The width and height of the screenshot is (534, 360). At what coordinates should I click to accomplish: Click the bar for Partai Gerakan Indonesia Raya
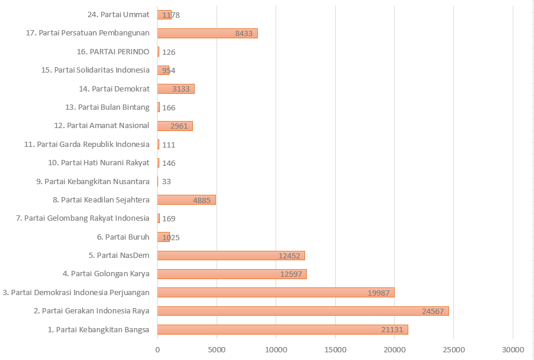tap(303, 311)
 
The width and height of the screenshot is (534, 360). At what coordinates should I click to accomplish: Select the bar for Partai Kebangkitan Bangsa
tap(282, 329)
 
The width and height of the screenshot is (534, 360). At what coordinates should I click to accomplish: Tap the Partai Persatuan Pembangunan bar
tap(207, 33)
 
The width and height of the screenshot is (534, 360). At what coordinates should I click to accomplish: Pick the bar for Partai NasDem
tap(231, 256)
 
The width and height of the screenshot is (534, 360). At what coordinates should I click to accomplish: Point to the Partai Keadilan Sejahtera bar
tap(186, 200)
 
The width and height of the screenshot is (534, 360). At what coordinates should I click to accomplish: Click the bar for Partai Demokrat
tap(176, 89)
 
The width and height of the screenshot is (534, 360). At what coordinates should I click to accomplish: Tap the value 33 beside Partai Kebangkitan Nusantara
tap(166, 182)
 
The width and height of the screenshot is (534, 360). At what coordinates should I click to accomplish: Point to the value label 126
tap(169, 52)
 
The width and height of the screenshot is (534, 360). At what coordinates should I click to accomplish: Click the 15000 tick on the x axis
tap(335, 350)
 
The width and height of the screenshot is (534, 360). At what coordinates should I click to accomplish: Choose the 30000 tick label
tap(513, 350)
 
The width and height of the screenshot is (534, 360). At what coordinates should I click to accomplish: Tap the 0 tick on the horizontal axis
tap(158, 350)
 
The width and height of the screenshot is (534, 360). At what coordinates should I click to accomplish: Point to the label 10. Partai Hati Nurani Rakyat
tap(98, 163)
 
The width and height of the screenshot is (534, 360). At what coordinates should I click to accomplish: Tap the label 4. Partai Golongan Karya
tap(106, 274)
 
